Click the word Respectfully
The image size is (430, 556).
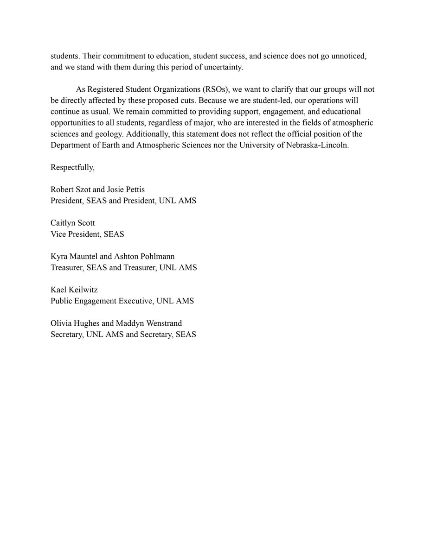[72, 168]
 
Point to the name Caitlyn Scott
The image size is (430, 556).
[73, 223]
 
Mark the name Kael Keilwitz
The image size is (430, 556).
[74, 290]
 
